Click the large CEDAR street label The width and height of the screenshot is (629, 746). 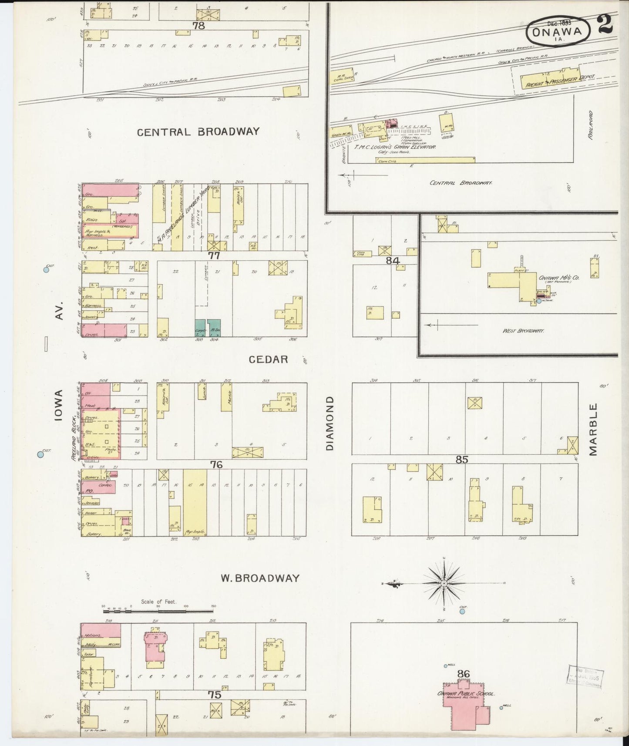tap(268, 360)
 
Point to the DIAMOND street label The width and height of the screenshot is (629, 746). tap(329, 423)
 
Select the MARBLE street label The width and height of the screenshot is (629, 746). tap(593, 429)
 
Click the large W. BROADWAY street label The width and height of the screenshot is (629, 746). tap(260, 578)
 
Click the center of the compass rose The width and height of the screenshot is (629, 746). tap(443, 583)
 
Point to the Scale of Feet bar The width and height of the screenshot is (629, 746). tap(158, 611)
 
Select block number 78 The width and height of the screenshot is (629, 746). tap(198, 26)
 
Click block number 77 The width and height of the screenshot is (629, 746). tap(213, 256)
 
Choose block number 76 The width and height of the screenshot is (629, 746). tap(216, 465)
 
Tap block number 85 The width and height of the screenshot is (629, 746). tap(461, 459)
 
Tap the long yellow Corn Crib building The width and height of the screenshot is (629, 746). tap(425, 160)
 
